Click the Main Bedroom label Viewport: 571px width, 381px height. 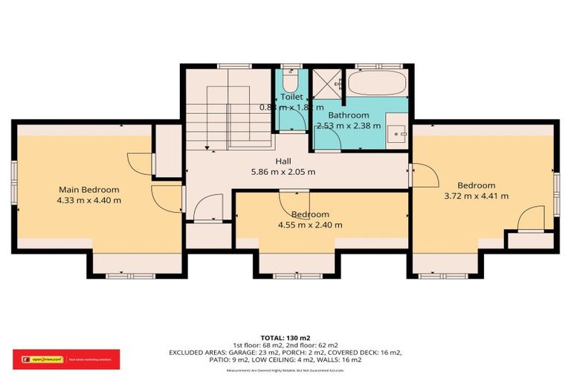coord(88,189)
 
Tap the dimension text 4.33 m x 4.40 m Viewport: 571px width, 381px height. coord(88,200)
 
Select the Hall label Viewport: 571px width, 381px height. coord(283,161)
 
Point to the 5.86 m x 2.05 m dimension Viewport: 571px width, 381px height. coord(283,172)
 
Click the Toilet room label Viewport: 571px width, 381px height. coord(291,97)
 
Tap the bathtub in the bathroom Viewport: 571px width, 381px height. coord(378,83)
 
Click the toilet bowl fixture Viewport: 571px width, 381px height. coord(291,79)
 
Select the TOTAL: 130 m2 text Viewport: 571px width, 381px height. coord(286,337)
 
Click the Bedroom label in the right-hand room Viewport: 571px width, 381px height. coord(476,185)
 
